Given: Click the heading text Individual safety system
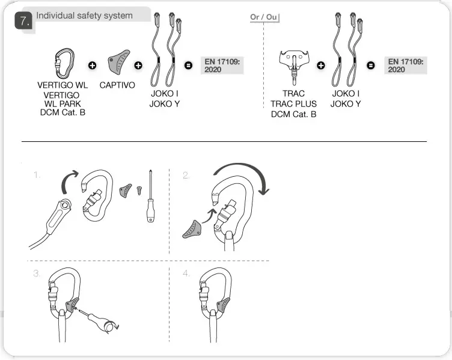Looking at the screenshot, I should point(84,16).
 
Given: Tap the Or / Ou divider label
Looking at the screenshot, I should point(263,17).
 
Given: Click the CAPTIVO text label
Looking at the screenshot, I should point(117,85).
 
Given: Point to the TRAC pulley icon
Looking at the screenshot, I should point(293,64).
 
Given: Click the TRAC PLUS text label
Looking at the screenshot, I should point(293,104).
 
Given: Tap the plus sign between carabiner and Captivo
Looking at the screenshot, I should point(92,64).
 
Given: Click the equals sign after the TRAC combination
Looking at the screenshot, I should point(371,64).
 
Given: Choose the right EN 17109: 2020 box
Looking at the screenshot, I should point(405,66).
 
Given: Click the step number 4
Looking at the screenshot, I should point(187,274).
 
